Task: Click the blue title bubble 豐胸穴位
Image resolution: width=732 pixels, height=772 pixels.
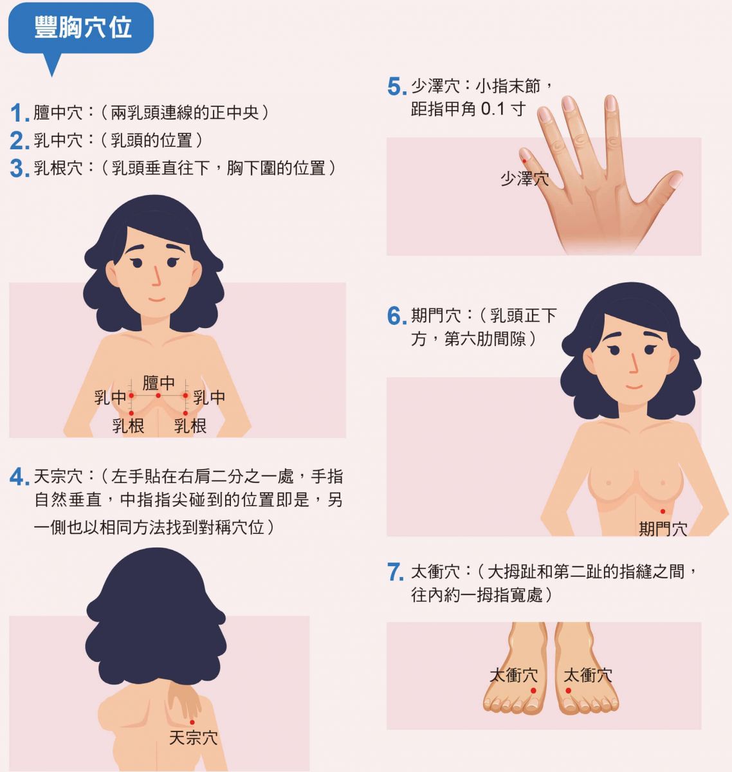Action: coord(80,28)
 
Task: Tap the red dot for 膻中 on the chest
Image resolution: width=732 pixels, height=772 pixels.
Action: coord(158,396)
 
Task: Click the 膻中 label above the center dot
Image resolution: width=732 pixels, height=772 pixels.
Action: coord(158,383)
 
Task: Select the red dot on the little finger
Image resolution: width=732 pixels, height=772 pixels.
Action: coord(524,161)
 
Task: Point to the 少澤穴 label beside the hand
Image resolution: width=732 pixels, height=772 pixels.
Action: coord(525,179)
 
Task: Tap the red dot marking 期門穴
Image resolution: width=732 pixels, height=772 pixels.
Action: coord(663,511)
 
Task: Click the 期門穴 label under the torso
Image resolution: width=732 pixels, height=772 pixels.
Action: coord(663,529)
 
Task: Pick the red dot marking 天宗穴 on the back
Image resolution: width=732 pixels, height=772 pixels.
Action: coord(192,722)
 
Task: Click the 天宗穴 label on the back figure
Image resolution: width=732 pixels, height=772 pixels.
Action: coord(193,738)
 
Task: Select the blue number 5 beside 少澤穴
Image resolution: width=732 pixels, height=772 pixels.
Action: coord(397,87)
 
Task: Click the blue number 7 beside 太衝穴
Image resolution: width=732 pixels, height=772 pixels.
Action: coord(395,572)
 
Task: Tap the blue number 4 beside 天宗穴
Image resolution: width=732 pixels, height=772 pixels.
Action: coord(19,477)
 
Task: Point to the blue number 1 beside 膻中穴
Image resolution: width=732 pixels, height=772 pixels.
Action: coord(20,113)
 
